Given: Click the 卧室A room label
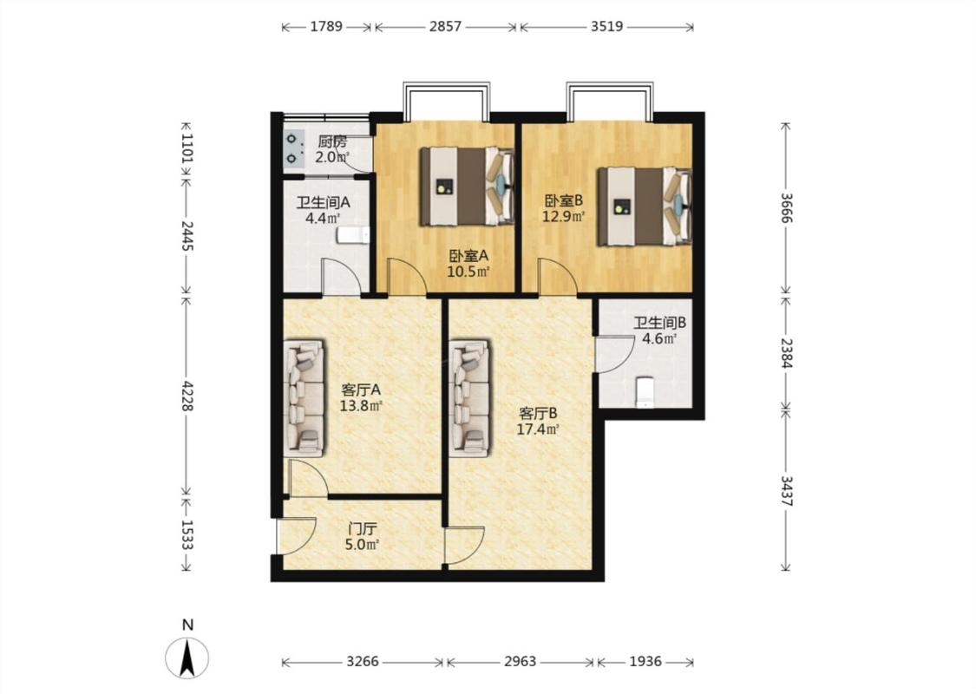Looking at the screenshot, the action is (468, 255).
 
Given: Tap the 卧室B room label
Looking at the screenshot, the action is (564, 200).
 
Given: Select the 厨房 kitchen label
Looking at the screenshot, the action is (331, 142).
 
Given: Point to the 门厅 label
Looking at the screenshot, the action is (363, 529).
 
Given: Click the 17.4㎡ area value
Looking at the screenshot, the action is (537, 429).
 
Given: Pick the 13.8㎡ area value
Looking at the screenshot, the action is (360, 406).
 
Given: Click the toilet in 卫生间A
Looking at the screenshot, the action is (353, 235).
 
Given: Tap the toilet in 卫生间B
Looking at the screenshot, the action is (645, 391).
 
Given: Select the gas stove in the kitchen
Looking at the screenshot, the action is (292, 150).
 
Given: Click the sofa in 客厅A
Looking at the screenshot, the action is (305, 398).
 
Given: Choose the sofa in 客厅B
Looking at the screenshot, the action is (470, 398).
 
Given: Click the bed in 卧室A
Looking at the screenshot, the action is (467, 187).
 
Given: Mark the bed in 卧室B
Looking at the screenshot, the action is (645, 206).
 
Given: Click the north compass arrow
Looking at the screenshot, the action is (187, 658).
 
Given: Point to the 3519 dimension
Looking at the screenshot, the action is (607, 26).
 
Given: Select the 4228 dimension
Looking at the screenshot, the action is (187, 395).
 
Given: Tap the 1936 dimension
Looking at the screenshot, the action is (645, 661).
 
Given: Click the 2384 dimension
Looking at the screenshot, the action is (786, 353).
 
